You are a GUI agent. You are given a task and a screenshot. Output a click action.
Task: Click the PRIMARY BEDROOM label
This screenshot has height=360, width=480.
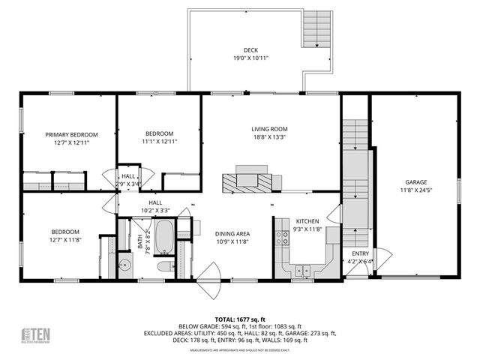pos(68,134)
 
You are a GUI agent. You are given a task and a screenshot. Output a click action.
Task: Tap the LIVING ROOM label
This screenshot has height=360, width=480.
pos(269,129)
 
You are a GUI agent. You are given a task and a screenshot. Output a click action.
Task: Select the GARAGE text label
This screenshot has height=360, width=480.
pos(415,181)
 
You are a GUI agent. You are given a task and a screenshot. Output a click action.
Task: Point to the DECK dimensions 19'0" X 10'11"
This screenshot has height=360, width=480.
pos(250,58)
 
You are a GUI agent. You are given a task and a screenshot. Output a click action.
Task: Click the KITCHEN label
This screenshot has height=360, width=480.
pos(307,221)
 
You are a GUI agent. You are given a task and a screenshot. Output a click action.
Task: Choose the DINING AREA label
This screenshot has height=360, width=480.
pos(232,233)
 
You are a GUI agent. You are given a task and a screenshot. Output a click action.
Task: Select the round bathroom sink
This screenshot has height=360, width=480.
pos(125,265)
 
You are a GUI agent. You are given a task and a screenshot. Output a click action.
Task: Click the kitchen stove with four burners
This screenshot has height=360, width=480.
pos(283,238)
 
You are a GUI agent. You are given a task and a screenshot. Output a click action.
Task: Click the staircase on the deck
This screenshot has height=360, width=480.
pos(314,31)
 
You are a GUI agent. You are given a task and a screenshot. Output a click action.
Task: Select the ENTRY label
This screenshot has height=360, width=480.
pos(361,253)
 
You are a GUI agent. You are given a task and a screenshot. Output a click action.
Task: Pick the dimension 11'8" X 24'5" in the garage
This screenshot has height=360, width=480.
pos(415,190)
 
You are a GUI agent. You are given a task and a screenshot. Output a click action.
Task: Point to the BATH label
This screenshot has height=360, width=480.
pos(139,241)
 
